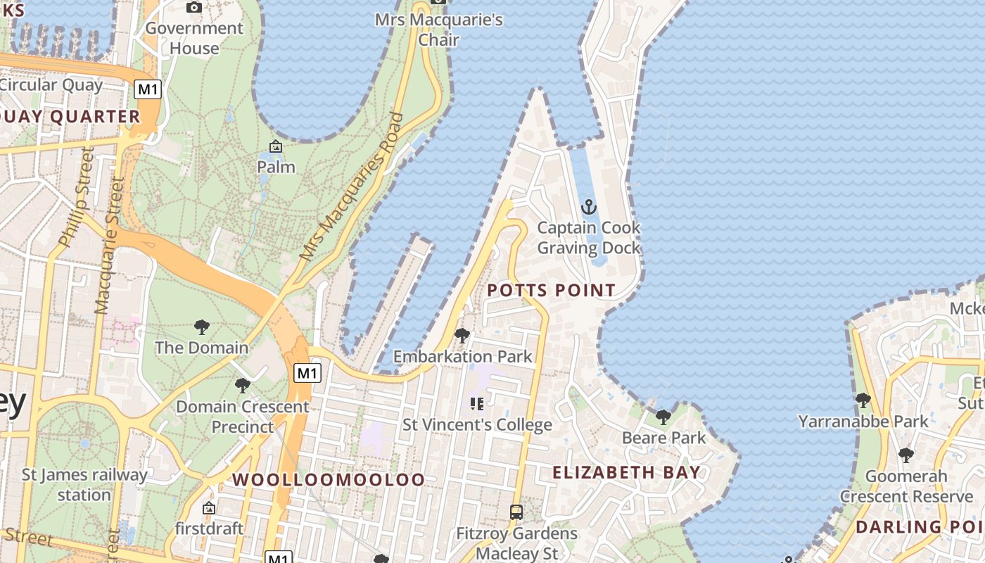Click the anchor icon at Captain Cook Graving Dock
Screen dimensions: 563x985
pos(589,207)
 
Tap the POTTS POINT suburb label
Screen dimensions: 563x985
pos(551,290)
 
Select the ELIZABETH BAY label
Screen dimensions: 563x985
pos(626,472)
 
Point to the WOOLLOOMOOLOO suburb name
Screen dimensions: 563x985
pos(329,480)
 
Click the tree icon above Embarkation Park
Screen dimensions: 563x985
pos(462,336)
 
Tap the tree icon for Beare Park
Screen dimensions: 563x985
pos(663,417)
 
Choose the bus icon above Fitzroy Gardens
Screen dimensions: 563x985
pos(516,512)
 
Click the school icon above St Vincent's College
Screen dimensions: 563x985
pos(477,404)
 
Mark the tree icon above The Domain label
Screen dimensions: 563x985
pos(202,327)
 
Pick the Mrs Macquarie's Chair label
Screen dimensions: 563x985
pos(438,29)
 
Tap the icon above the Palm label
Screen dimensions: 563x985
pos(276,146)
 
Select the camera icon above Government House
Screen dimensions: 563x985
pos(194,7)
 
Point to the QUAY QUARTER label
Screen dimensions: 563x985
pos(70,117)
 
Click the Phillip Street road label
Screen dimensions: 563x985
pos(76,197)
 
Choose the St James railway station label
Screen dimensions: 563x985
pos(84,484)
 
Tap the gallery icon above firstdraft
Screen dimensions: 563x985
pos(209,507)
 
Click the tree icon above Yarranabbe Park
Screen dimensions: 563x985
pos(863,400)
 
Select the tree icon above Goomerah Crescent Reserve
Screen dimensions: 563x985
pos(906,455)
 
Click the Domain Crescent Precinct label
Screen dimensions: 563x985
pos(242,416)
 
